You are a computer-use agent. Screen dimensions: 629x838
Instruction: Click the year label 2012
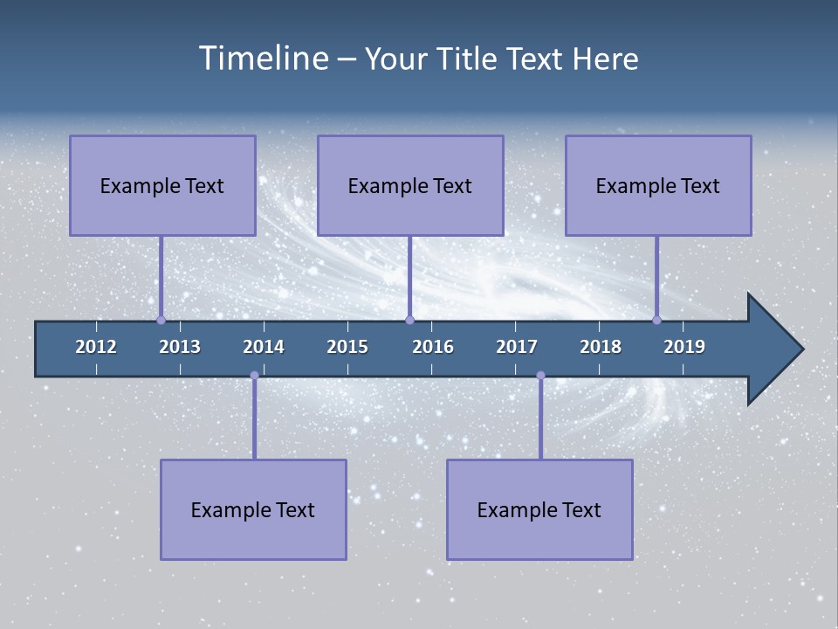coord(96,347)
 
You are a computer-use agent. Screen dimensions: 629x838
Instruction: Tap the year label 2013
coord(180,347)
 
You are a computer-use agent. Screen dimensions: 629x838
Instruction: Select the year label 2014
coord(264,347)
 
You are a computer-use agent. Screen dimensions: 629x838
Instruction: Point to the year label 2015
coord(347,347)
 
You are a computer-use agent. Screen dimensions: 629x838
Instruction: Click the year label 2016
coord(433,347)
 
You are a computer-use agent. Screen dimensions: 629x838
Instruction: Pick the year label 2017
coord(517,347)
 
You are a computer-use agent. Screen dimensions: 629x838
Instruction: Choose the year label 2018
coord(601,347)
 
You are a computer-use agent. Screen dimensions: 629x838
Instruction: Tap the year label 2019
coord(684,347)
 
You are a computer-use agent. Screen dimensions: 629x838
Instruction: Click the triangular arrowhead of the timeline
coord(773,349)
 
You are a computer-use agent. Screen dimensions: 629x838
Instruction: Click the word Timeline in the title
coord(264,59)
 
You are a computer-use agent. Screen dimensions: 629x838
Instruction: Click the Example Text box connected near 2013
coord(162,185)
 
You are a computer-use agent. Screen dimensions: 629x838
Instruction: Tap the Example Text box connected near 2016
coord(410,185)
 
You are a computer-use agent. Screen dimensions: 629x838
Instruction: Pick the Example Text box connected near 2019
coord(658,185)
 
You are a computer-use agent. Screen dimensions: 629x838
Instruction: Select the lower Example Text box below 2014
coord(253,509)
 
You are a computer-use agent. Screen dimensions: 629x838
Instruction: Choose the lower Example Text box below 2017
coord(539,509)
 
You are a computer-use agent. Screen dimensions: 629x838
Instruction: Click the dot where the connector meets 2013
coord(161,320)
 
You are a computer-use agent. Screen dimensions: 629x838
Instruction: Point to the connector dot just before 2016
coord(409,320)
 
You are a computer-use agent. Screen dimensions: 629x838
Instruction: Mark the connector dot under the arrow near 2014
coord(254,376)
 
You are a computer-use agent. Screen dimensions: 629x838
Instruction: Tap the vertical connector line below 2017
coord(540,419)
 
